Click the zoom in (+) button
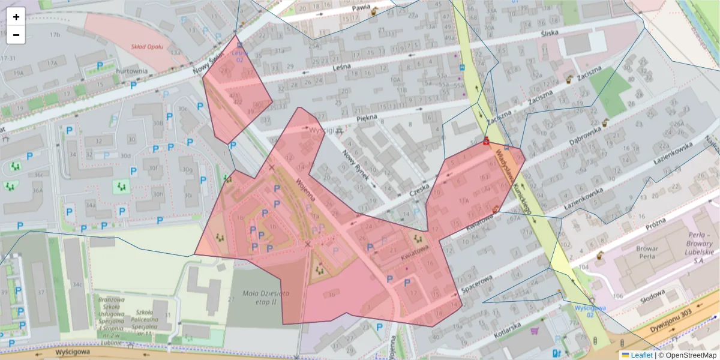(16, 17)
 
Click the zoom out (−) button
(16, 35)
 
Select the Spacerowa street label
(478, 282)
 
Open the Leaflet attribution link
(641, 355)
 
